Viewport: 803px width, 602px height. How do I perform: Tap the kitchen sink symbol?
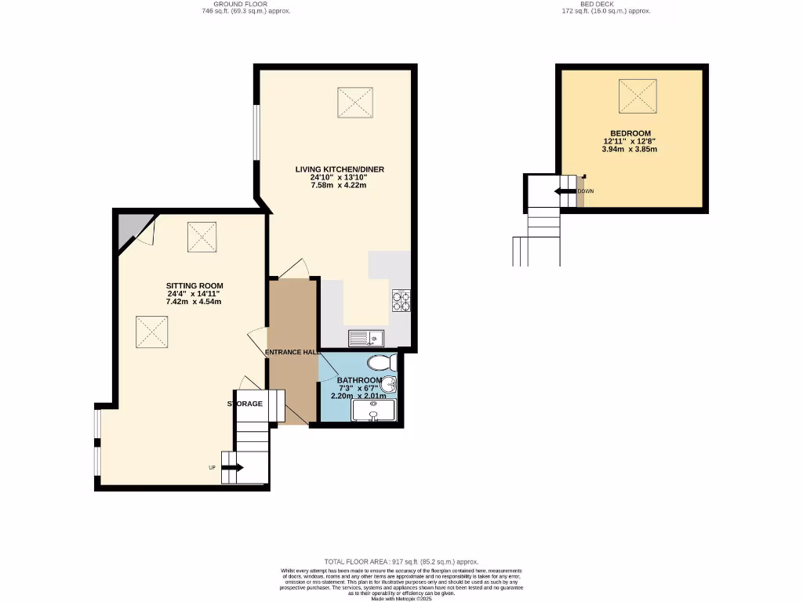tap(365, 339)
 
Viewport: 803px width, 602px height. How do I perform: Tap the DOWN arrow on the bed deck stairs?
tap(564, 191)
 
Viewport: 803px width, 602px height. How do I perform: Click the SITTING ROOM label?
tap(194, 285)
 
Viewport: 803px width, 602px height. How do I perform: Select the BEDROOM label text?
tap(631, 133)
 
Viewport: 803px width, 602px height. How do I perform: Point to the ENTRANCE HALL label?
tap(292, 353)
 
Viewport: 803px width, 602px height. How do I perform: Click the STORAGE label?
tap(245, 404)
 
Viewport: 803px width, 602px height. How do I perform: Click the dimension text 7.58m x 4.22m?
tap(339, 186)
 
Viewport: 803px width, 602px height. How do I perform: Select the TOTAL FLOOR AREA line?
tap(401, 562)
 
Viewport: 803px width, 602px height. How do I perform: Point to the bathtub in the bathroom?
tap(375, 410)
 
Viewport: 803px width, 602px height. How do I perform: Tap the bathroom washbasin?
tap(391, 384)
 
